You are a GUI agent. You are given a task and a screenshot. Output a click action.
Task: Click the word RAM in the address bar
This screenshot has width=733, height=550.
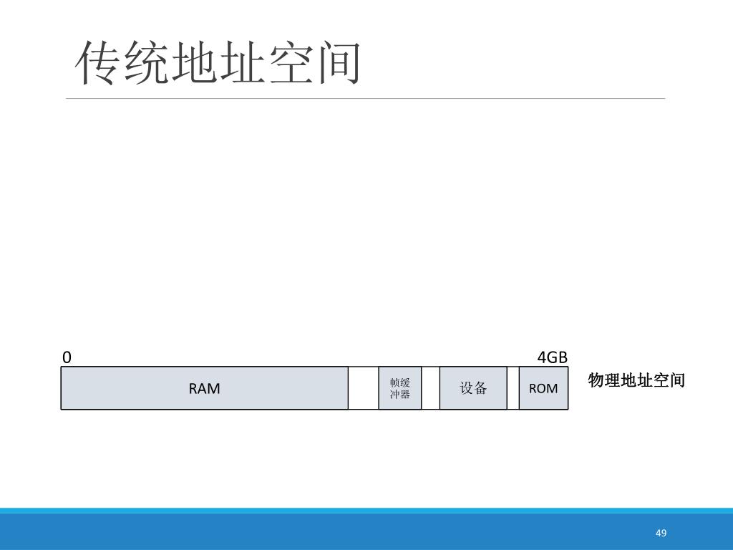coord(204,388)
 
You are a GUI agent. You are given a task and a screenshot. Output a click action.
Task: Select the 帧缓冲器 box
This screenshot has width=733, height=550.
coord(399,388)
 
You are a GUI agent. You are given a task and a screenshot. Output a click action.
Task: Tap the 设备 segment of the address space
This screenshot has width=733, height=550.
coord(472,388)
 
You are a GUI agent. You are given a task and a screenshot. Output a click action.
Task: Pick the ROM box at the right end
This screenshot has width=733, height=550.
coord(543,388)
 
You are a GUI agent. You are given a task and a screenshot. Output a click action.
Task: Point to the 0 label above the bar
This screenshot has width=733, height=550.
coord(67,357)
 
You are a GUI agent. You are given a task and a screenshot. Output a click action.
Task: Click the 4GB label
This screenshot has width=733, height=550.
coord(552,357)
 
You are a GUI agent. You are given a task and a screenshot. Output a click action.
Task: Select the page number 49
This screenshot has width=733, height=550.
coord(661,533)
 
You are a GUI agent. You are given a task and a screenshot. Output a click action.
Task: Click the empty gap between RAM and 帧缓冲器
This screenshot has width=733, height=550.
coord(363,388)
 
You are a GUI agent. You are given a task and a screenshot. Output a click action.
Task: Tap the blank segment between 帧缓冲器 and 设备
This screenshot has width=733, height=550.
coord(430,388)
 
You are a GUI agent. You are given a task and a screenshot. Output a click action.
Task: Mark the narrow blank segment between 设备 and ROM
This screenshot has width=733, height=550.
coord(513,388)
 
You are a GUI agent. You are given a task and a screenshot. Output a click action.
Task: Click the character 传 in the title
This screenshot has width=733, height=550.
coord(98,63)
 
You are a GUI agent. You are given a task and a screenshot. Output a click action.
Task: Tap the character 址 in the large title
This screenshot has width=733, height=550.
coord(241,63)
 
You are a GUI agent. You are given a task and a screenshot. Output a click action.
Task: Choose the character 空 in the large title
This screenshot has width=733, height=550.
coord(289,63)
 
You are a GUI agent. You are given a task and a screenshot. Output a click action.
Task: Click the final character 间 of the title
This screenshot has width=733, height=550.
coord(337,63)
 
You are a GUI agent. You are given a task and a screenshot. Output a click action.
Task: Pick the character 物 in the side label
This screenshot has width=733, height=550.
coord(596,380)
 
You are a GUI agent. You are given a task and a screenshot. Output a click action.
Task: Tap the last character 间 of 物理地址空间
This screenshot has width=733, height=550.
coord(677,380)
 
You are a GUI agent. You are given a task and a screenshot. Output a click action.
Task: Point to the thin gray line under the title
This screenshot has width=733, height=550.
coord(365,98)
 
